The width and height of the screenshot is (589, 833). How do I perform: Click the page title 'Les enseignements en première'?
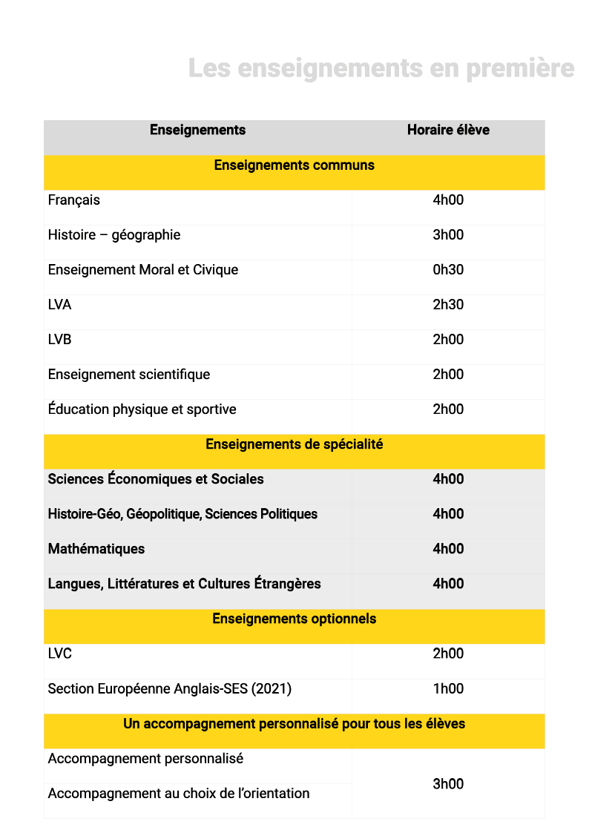(381, 68)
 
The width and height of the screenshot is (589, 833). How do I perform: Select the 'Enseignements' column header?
(197, 130)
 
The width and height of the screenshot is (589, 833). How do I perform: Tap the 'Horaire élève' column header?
(448, 130)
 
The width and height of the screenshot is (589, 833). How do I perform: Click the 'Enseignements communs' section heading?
(294, 165)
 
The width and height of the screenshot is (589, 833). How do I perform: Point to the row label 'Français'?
(73, 200)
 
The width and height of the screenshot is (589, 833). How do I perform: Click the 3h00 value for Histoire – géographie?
(448, 234)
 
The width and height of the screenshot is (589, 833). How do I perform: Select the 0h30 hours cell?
(448, 269)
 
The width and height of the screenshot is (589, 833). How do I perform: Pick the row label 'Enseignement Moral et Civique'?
(142, 269)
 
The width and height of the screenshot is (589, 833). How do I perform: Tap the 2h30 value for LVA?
(448, 304)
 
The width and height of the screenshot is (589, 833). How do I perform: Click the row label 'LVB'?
(59, 339)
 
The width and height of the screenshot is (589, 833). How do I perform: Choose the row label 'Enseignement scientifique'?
(128, 374)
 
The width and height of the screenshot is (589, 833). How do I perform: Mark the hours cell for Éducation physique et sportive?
(448, 409)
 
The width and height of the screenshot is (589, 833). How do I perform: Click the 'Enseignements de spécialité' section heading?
(294, 444)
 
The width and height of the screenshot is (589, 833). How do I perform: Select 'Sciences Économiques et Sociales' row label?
(155, 478)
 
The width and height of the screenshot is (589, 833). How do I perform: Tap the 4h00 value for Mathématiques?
(448, 548)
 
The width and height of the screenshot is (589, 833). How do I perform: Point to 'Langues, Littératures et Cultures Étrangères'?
(184, 583)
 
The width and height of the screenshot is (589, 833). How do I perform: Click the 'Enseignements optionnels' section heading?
(294, 618)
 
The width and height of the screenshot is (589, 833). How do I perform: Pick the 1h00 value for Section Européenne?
(448, 688)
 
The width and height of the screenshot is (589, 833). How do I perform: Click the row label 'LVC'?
(59, 653)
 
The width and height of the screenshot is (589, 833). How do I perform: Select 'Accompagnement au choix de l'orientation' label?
(178, 793)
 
